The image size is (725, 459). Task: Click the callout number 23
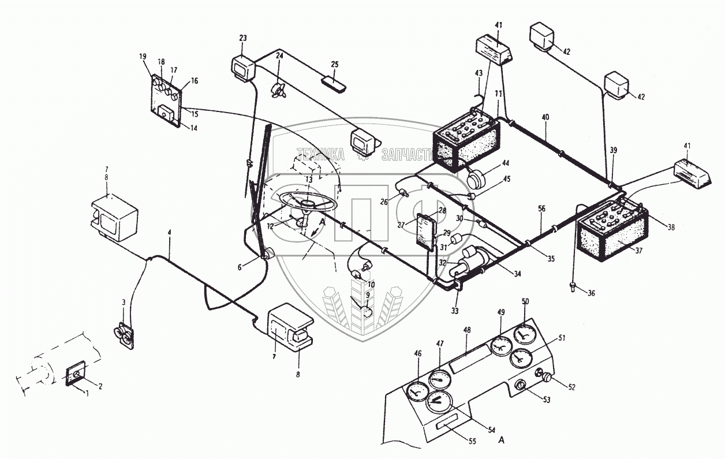pyautogui.click(x=242, y=38)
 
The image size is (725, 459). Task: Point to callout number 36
pyautogui.click(x=591, y=293)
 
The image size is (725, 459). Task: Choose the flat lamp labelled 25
pyautogui.click(x=334, y=83)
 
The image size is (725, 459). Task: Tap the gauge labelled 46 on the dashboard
pyautogui.click(x=416, y=393)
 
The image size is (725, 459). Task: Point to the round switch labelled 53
pyautogui.click(x=521, y=385)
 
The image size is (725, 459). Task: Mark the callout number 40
pyautogui.click(x=546, y=117)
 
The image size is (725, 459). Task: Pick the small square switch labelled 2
pyautogui.click(x=75, y=375)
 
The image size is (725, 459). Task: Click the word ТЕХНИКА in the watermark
pyautogui.click(x=321, y=155)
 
